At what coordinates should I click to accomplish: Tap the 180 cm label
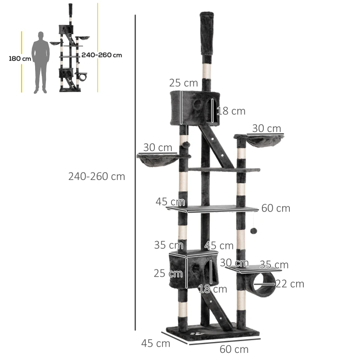point(20,58)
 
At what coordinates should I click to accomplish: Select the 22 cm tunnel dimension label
point(290,284)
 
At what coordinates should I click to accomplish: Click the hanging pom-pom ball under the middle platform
point(253,231)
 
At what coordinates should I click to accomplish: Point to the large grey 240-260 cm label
point(97,176)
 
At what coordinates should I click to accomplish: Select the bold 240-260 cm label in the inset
point(102,55)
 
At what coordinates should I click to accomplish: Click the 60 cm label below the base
point(234,349)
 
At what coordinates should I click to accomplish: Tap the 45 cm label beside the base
point(156,343)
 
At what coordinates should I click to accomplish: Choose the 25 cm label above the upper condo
point(184,83)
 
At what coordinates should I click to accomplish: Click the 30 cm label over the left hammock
point(157,147)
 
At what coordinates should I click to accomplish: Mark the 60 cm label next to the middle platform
point(275,208)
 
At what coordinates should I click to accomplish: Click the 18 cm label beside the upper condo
point(231,111)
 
